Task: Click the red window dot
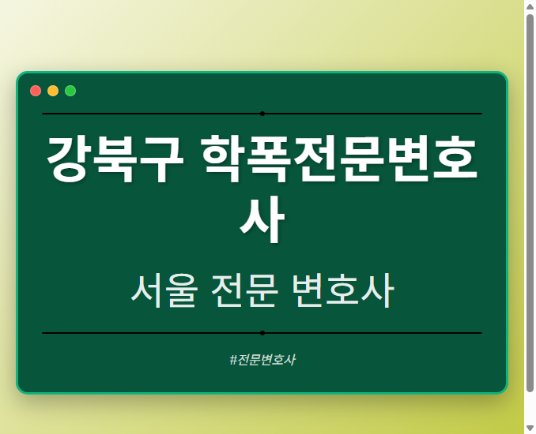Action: click(36, 91)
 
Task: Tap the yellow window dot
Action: click(53, 91)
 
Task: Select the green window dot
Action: click(70, 91)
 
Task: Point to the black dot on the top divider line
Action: click(262, 114)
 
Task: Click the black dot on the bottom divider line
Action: click(262, 333)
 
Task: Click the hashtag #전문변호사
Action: click(262, 360)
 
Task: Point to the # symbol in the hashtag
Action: click(233, 360)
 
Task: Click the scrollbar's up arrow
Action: click(530, 6)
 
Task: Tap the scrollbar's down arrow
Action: click(530, 428)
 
